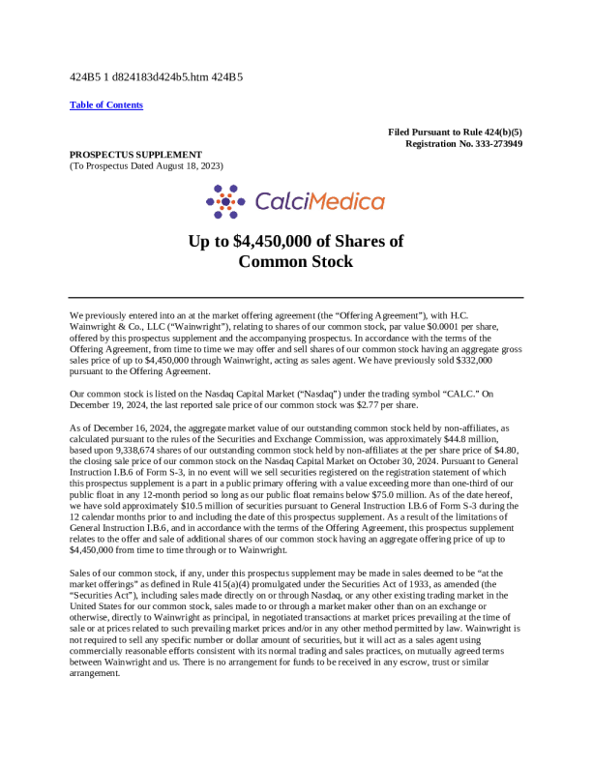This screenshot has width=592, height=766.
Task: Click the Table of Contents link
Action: (x=106, y=104)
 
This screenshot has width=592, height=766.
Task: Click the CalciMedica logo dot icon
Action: (x=225, y=201)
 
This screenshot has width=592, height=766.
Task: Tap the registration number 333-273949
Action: (x=488, y=143)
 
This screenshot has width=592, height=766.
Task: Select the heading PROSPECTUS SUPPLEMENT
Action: (x=135, y=154)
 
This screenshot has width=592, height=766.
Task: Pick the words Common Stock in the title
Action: (x=295, y=261)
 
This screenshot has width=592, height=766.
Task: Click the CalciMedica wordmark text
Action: (x=319, y=201)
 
